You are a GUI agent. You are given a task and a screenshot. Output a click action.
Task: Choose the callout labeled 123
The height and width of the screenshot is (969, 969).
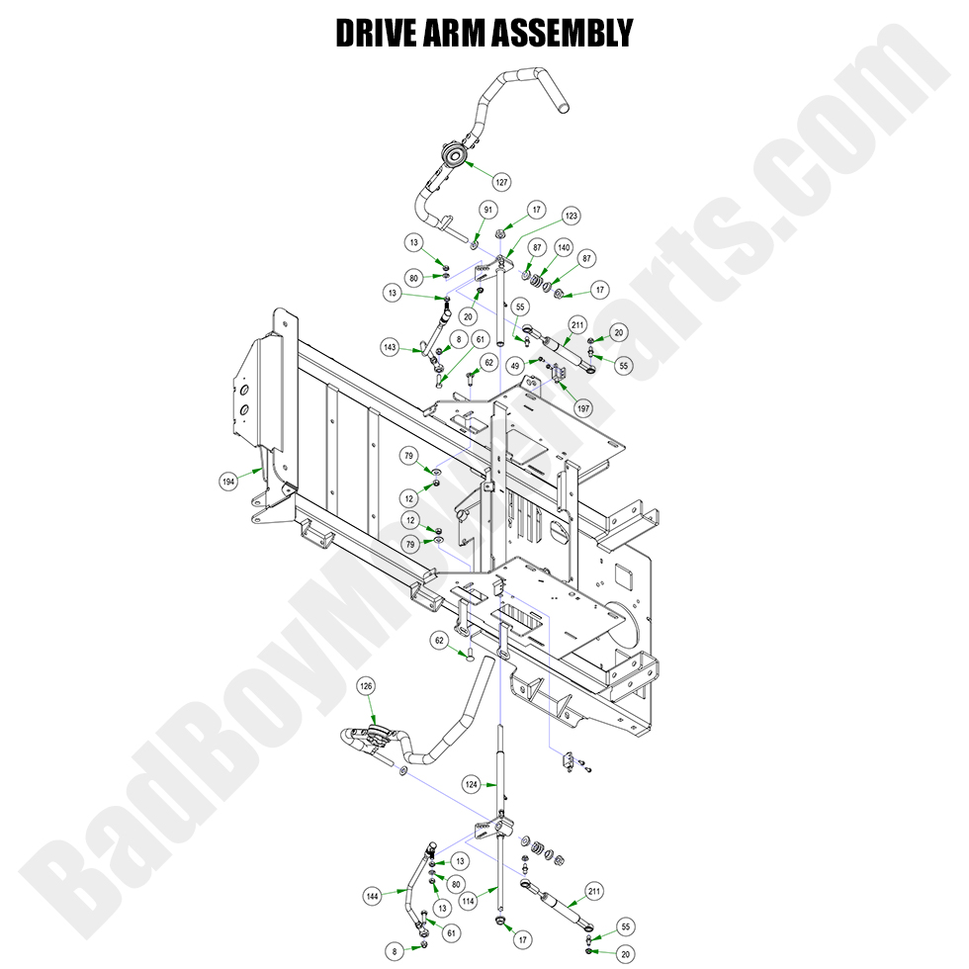point(571,216)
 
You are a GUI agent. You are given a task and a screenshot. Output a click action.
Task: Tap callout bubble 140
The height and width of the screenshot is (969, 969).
point(563,247)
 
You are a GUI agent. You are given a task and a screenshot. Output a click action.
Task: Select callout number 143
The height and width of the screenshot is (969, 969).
point(391,347)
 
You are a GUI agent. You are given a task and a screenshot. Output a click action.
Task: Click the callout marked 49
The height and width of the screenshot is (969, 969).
point(515,366)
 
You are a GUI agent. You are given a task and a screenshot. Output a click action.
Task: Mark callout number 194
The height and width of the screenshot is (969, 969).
point(228,482)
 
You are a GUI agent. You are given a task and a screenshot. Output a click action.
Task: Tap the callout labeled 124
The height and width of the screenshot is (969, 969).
point(472,784)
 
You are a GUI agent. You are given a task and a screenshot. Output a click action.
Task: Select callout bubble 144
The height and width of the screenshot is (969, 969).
point(372,896)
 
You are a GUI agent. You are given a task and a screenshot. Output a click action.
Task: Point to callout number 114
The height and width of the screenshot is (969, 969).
point(469,901)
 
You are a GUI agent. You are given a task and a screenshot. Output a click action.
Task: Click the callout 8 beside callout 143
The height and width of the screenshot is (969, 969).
point(457,339)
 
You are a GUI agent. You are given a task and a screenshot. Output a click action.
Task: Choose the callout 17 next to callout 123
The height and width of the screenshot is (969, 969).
point(535,210)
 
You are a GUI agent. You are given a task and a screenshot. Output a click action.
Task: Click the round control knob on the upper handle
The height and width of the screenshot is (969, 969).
point(454,155)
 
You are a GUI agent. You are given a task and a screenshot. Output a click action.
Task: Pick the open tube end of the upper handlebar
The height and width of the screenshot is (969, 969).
point(562,102)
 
